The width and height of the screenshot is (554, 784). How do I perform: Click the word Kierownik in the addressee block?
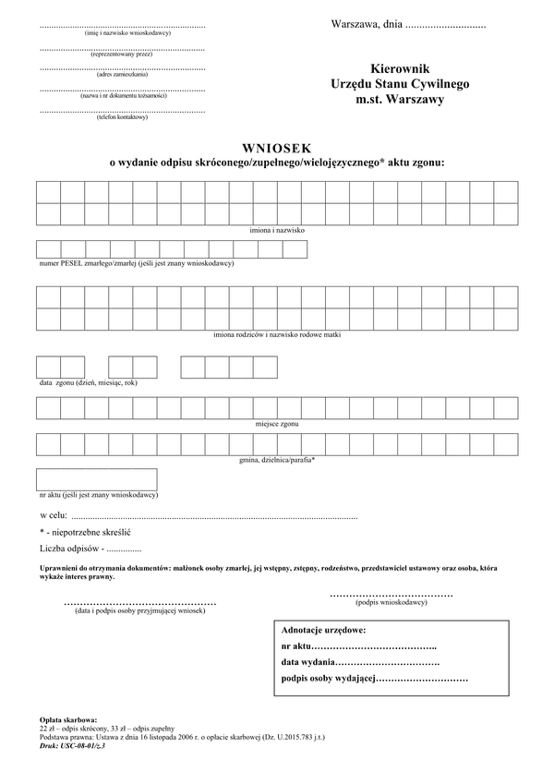coord(400,67)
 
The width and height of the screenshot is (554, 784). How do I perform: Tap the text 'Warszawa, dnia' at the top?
coord(366,23)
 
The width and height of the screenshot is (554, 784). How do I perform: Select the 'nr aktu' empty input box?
coord(96,479)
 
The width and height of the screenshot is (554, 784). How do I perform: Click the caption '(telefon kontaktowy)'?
coord(122,117)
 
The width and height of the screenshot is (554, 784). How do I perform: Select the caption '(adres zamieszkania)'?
coord(123,75)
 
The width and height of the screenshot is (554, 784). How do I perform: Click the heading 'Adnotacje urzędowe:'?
coord(322,630)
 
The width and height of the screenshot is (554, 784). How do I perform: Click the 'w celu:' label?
coord(53,513)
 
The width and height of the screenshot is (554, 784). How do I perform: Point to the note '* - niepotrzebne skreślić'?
coord(85,533)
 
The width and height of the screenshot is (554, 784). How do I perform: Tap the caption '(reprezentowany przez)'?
coord(122,54)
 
